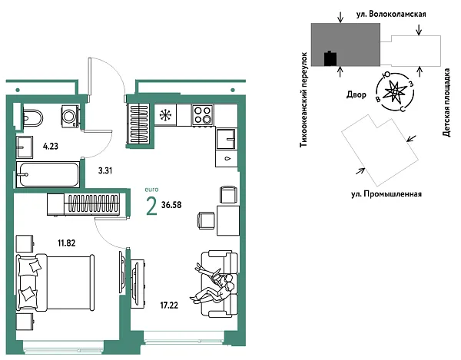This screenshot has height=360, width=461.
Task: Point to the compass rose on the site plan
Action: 395,91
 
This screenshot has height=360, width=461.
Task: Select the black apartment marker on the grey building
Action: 330,57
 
